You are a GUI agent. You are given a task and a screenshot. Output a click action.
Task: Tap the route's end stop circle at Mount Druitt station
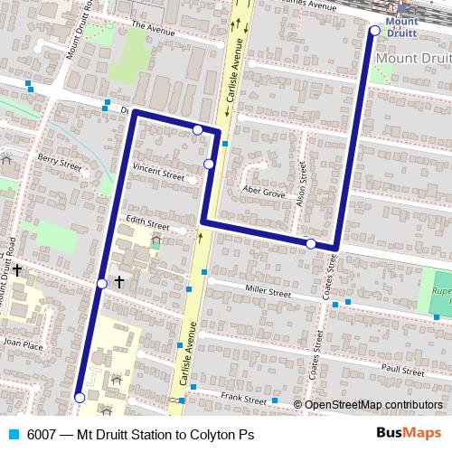374,31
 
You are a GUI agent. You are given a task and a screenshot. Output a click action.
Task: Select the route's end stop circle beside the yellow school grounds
80,397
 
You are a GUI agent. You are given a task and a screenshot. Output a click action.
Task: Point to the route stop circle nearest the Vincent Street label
209,164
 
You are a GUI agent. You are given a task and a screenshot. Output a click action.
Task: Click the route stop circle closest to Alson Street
310,244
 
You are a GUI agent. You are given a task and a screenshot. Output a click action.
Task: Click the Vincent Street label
157,169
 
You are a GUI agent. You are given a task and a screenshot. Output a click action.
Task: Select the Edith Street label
147,223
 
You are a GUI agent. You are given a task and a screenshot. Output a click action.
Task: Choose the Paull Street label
401,369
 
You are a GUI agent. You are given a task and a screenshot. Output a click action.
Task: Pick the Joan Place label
23,344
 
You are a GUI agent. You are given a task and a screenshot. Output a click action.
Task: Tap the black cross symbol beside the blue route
119,282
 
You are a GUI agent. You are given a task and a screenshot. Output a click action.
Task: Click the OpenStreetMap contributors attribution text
372,405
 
